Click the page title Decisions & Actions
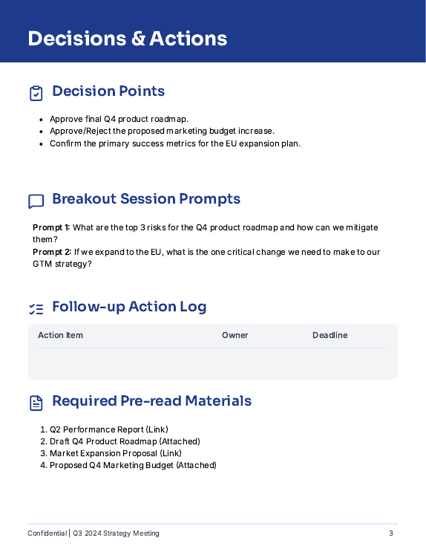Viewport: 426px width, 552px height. pos(127,39)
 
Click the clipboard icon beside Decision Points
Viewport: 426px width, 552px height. pos(36,93)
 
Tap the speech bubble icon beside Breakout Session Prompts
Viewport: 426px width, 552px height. pos(36,201)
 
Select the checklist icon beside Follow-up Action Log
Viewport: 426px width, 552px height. pos(36,308)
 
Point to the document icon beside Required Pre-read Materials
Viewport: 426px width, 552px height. pos(36,403)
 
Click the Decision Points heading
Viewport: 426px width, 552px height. pos(108,91)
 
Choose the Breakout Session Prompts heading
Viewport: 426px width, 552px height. pos(146,199)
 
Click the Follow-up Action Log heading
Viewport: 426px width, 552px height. pos(129,307)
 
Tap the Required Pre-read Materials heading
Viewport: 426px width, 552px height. pos(151,401)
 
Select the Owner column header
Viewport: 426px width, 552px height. pos(235,335)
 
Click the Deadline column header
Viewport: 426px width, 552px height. pos(330,335)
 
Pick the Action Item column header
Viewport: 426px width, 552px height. pos(60,335)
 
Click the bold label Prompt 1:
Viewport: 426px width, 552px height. pos(51,227)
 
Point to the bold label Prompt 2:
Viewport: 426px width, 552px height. pos(51,252)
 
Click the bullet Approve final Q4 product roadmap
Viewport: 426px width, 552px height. pos(119,119)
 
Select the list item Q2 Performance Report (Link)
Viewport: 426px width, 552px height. pos(108,429)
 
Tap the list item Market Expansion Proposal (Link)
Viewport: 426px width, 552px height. pos(115,453)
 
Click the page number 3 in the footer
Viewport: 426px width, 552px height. pos(391,533)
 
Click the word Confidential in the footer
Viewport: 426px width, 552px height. pos(47,533)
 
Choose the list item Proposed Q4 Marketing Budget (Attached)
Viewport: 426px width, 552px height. pos(133,465)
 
